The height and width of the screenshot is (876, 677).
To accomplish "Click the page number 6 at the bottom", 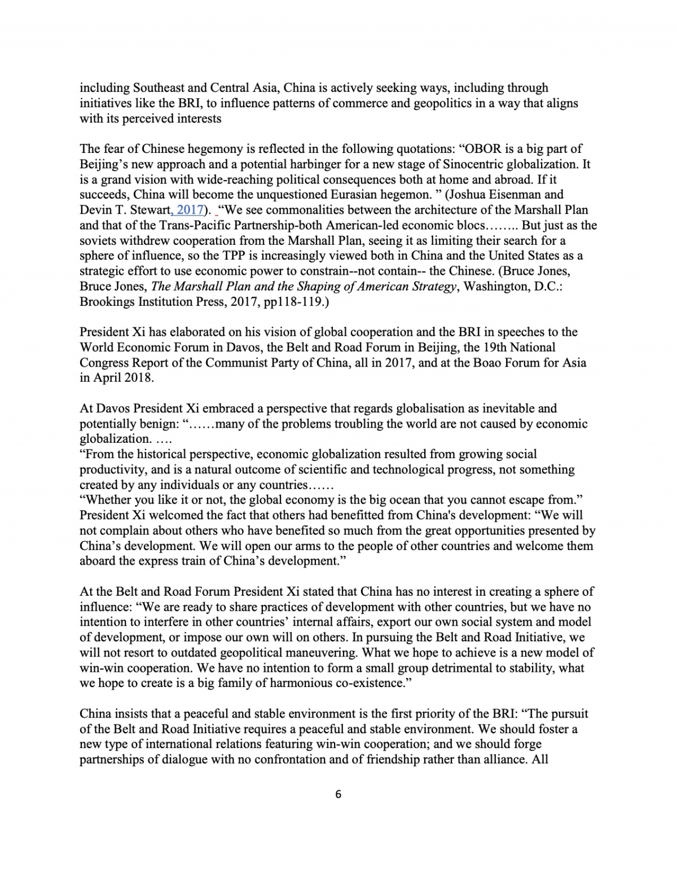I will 338,794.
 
